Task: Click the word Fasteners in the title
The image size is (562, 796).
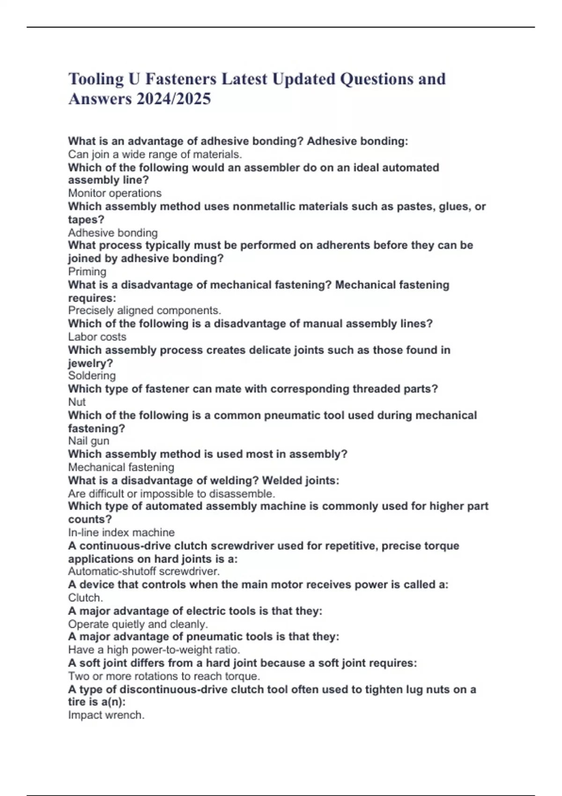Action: [181, 79]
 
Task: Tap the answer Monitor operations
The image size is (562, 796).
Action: [115, 193]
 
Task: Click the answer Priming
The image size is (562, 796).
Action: [87, 272]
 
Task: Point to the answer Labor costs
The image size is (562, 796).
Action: [97, 337]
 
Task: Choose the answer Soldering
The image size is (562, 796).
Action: [92, 376]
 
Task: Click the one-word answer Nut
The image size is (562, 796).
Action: [77, 402]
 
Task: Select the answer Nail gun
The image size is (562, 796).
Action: [89, 441]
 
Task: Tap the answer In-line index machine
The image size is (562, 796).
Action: [121, 532]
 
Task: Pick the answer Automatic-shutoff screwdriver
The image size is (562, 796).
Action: [144, 571]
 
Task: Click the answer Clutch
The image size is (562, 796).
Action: [85, 598]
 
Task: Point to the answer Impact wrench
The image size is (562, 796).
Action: [106, 715]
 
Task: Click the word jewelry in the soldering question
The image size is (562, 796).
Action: [90, 363]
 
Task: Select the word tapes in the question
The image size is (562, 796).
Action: [85, 220]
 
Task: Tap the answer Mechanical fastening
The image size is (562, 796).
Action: [121, 467]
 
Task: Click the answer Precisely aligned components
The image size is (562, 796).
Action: [144, 310]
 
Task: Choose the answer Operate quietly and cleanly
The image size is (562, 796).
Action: [138, 624]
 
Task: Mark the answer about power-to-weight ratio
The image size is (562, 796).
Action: [154, 650]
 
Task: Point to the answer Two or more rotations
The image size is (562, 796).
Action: [164, 676]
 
